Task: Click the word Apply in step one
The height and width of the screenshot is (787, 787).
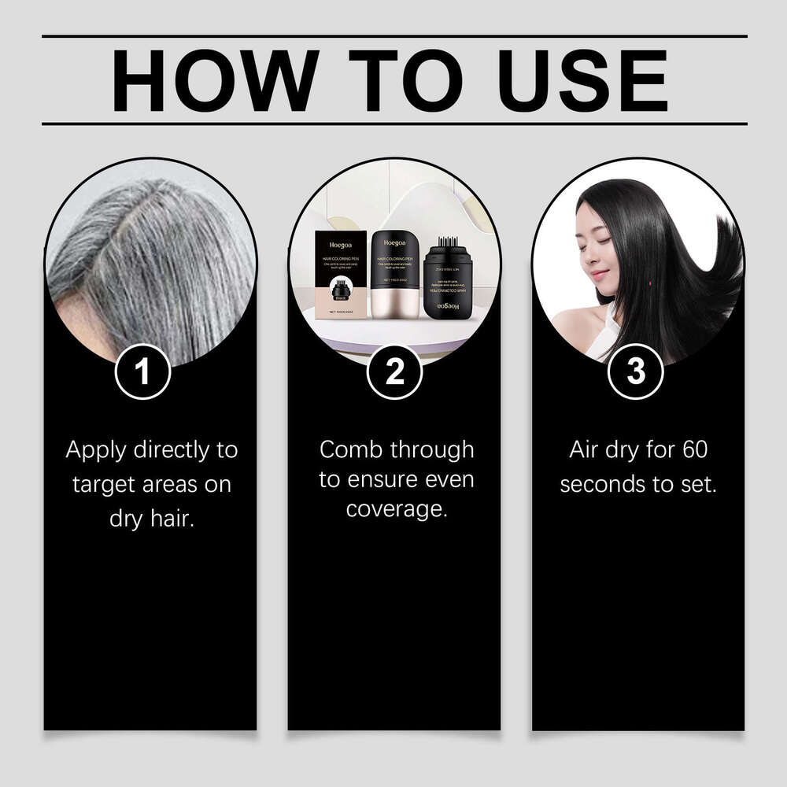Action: coord(98,451)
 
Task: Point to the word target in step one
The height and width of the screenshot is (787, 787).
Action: coord(104,485)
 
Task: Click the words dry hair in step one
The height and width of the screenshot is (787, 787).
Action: coord(151,519)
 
